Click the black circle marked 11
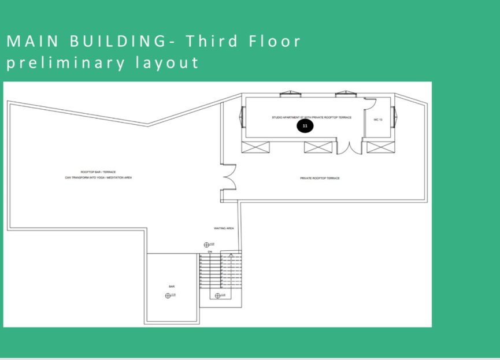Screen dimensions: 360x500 pyautogui.click(x=305, y=125)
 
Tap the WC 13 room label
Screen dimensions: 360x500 pyautogui.click(x=379, y=119)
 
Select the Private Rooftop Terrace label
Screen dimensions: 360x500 pyautogui.click(x=320, y=178)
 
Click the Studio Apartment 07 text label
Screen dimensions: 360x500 pyautogui.click(x=312, y=117)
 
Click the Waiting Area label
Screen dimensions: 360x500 pyautogui.click(x=224, y=228)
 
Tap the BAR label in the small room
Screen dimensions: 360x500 pyautogui.click(x=172, y=286)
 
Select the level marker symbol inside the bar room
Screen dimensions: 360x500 pyautogui.click(x=168, y=295)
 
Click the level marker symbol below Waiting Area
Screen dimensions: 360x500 pyautogui.click(x=206, y=245)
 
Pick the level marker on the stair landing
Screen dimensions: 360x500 pyautogui.click(x=217, y=296)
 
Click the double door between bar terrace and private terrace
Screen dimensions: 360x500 pyautogui.click(x=229, y=177)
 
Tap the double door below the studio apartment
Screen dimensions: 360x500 pyautogui.click(x=349, y=147)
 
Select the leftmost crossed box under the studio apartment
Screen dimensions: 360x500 pyautogui.click(x=255, y=146)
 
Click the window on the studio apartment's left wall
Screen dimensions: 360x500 pyautogui.click(x=242, y=118)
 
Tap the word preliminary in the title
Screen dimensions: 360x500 pyautogui.click(x=63, y=62)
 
